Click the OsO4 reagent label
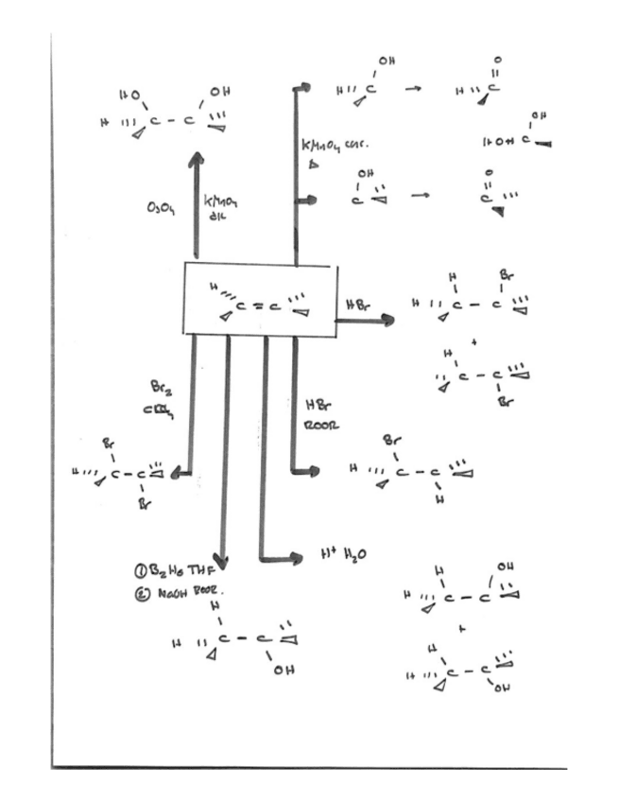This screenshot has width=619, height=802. (x=162, y=205)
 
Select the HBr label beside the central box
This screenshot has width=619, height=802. (x=357, y=305)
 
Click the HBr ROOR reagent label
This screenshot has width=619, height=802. (x=318, y=416)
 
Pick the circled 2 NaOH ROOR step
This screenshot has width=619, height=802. (x=183, y=590)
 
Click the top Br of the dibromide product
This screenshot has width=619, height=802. (x=110, y=443)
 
